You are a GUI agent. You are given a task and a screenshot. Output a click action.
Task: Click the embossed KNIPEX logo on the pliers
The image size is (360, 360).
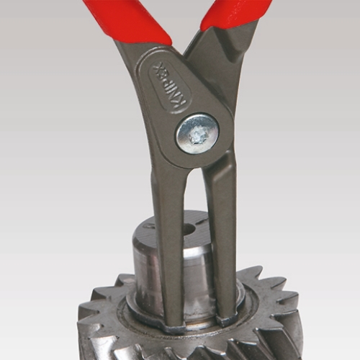(x=168, y=84)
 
